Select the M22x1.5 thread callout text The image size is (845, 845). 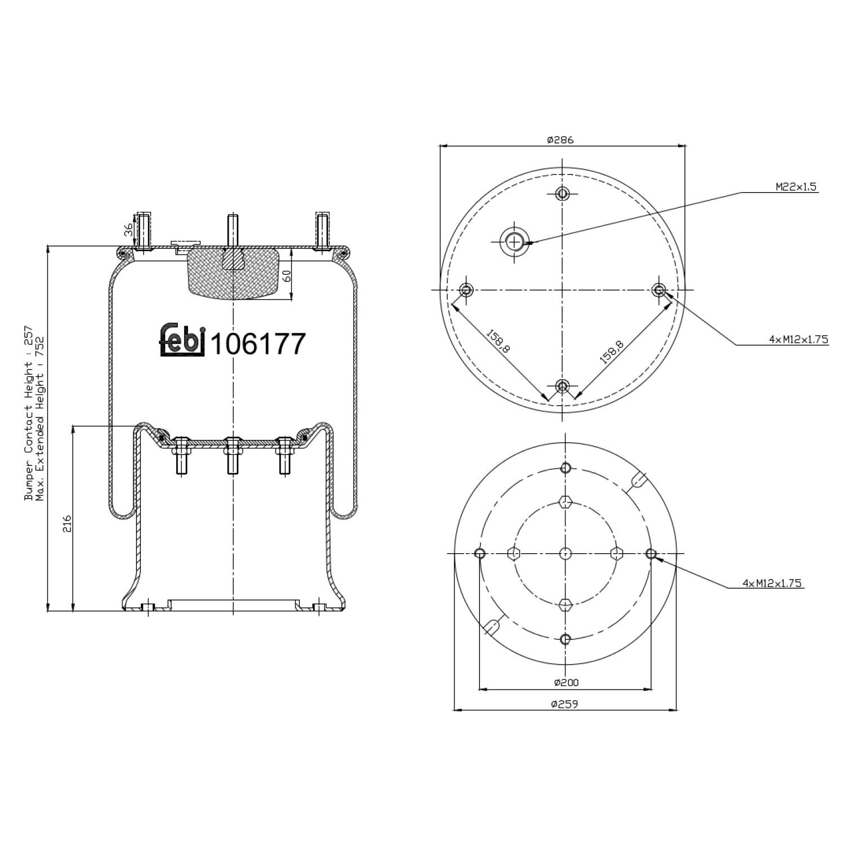(795, 187)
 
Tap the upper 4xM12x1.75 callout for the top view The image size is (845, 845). (798, 339)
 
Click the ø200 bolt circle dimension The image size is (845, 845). (566, 682)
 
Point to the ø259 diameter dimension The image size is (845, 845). (564, 704)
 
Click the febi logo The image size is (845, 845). (182, 340)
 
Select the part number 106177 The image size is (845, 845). (258, 343)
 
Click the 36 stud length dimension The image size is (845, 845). (128, 229)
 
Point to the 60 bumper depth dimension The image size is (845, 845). (286, 276)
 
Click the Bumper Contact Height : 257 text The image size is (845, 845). (28, 413)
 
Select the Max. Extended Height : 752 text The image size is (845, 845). (39, 418)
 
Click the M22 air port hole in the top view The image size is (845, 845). (513, 242)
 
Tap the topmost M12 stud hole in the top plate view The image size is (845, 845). (562, 194)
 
